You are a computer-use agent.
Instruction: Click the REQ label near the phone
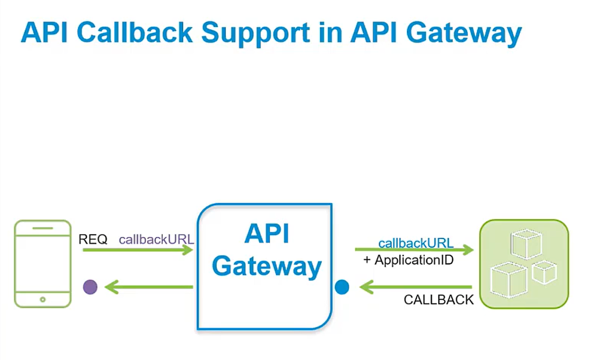(93, 239)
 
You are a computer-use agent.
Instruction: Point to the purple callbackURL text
(156, 239)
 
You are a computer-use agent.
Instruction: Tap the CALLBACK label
(439, 300)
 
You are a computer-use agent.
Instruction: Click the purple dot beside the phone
(90, 287)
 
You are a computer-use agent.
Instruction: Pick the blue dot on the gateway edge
(342, 287)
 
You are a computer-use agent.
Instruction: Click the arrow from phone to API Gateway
(138, 250)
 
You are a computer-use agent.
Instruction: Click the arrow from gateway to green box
(414, 250)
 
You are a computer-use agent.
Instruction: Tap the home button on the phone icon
(43, 300)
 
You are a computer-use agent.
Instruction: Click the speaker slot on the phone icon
(43, 228)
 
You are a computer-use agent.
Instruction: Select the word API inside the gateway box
(266, 234)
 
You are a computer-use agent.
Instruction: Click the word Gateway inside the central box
(266, 266)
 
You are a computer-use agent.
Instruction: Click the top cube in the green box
(526, 243)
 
